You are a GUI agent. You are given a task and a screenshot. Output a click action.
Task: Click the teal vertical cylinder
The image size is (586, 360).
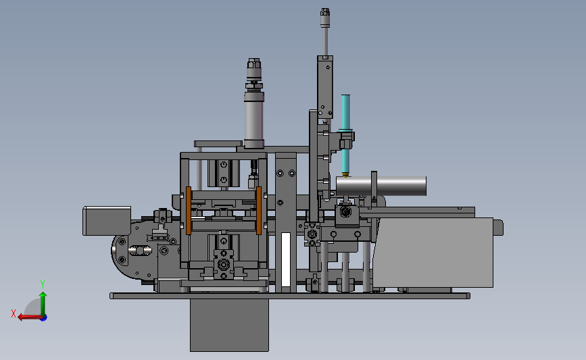(345, 134)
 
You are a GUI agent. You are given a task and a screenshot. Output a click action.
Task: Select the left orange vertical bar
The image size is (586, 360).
(189, 211)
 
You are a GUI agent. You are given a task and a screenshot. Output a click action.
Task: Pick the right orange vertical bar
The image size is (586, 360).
(259, 211)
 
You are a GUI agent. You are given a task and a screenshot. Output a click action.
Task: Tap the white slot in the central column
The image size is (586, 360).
(286, 259)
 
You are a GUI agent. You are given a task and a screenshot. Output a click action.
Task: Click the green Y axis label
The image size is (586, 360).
(43, 284)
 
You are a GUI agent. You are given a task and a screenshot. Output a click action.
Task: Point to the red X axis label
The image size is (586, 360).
(14, 313)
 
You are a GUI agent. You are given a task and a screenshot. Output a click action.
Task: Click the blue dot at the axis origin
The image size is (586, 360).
(44, 317)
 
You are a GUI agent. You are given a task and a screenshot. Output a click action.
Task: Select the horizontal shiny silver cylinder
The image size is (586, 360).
(381, 186)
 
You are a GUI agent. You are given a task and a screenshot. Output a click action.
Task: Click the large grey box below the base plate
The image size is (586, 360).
(230, 325)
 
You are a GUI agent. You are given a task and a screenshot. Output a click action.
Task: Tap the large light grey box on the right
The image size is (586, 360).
(433, 253)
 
